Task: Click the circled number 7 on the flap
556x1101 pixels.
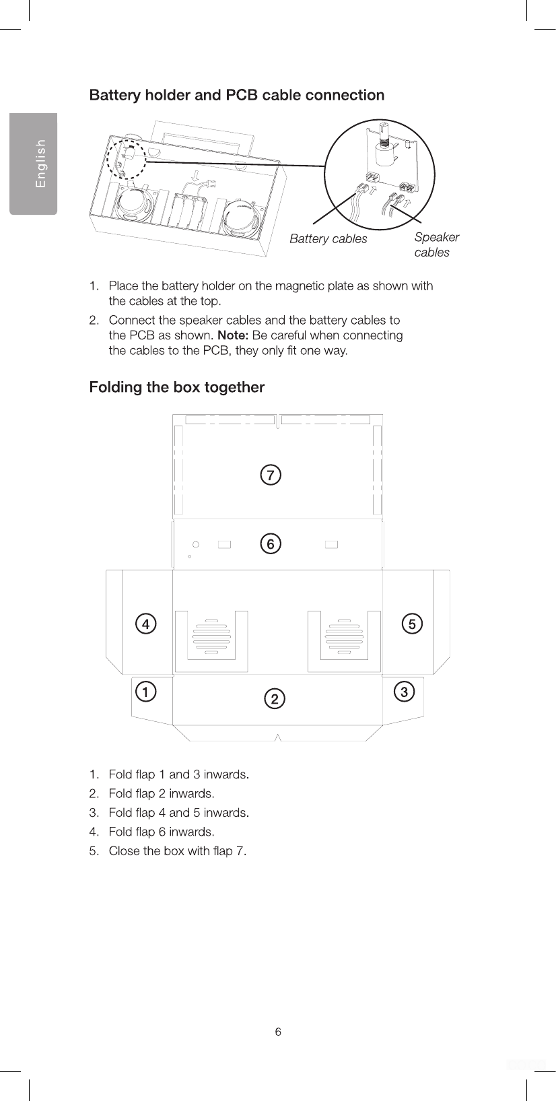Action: coord(270,475)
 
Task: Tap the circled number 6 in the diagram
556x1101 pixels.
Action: coord(270,543)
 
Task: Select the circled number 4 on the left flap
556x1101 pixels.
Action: coord(145,624)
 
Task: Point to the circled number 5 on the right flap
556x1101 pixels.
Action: coord(412,624)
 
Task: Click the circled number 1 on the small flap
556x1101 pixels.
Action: coord(145,692)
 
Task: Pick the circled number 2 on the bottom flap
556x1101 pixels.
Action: coord(274,699)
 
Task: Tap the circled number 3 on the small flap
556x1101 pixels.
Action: coord(404,692)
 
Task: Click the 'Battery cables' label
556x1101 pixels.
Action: coord(328,239)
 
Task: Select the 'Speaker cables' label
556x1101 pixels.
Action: coord(436,244)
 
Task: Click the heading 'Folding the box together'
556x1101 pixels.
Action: coord(177,387)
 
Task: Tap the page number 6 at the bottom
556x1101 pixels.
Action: coord(278,1032)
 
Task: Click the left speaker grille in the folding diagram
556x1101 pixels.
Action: coord(211,636)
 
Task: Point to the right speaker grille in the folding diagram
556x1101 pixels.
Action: coord(344,636)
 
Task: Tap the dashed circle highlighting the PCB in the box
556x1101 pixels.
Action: coord(128,162)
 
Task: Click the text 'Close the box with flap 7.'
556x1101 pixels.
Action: coord(177,851)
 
